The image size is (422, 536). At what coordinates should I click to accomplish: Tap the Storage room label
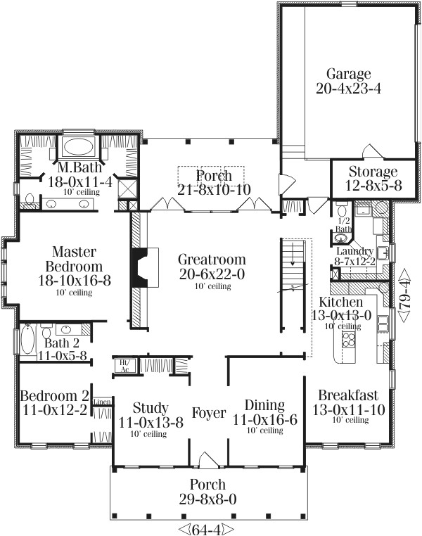(364, 172)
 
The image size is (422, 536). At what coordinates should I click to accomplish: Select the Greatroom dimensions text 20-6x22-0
(210, 272)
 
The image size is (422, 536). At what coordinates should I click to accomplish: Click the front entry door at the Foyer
(208, 460)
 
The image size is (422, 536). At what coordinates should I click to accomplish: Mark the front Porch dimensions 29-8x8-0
(208, 499)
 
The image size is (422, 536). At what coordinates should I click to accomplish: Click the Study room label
(150, 408)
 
